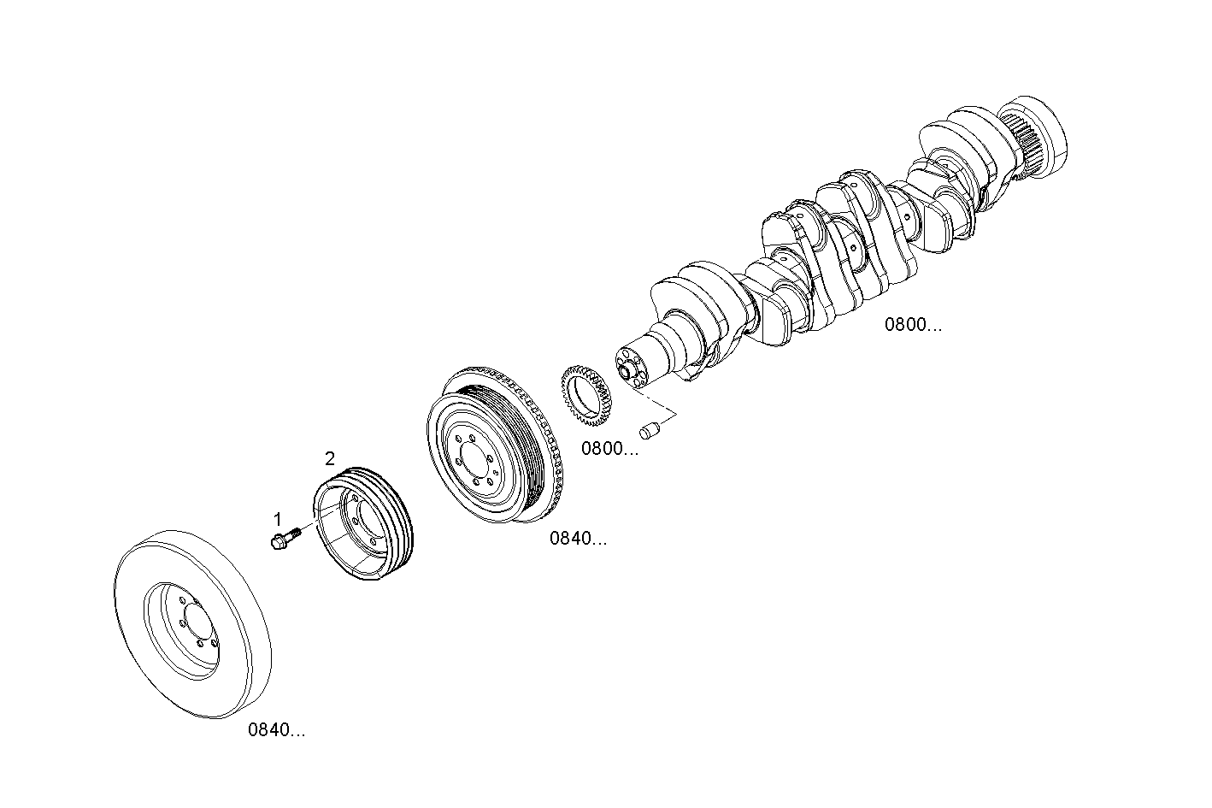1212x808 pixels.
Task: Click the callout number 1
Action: point(277,519)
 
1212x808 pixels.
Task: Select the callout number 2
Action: point(330,457)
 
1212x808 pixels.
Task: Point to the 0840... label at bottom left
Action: point(276,730)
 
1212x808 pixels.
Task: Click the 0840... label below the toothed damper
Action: point(578,539)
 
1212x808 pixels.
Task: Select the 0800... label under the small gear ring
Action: point(609,449)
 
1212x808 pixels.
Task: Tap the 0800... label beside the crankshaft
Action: point(913,325)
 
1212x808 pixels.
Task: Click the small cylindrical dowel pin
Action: point(651,430)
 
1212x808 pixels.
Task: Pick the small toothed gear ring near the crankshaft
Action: point(588,396)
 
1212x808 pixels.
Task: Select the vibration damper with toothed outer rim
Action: point(496,442)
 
